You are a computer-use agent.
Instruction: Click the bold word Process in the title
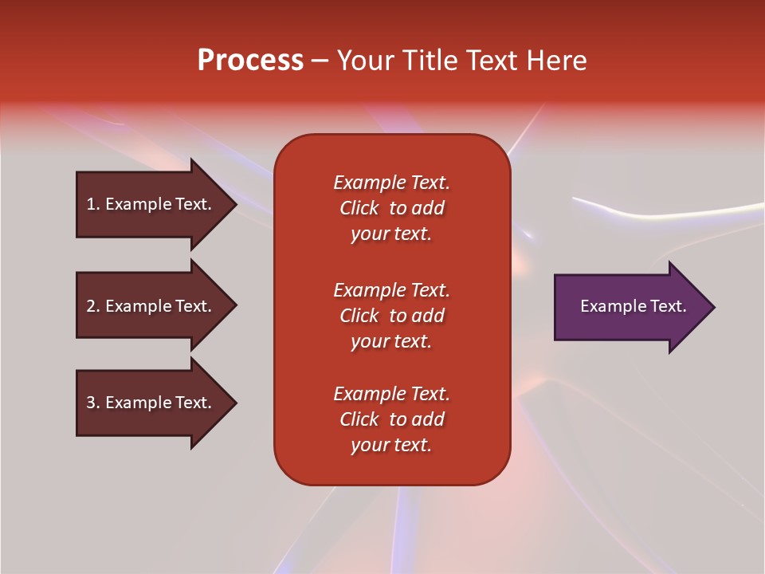click(x=250, y=61)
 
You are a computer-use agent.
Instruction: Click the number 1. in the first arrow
click(x=93, y=204)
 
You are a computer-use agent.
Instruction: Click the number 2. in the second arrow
click(x=93, y=306)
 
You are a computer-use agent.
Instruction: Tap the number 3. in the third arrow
click(x=93, y=403)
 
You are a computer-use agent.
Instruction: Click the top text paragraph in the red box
click(x=391, y=208)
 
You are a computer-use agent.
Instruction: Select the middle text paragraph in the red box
click(x=391, y=315)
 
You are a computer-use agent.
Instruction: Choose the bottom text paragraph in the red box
click(x=391, y=419)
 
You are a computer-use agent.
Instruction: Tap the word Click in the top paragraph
click(x=359, y=208)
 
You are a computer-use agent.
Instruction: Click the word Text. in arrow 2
click(x=192, y=306)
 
